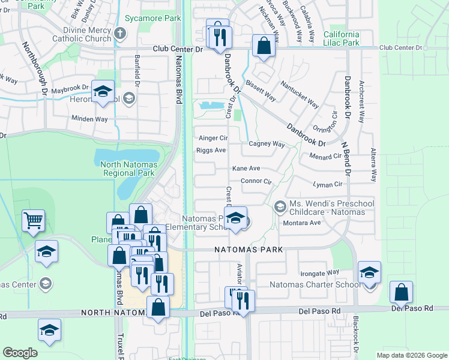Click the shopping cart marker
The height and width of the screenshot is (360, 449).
point(33,221)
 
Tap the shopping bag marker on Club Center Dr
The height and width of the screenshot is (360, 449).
point(263,46)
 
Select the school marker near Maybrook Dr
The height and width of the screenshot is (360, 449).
point(103,92)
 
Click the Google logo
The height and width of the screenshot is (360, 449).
point(20,353)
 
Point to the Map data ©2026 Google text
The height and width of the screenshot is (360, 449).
point(411,355)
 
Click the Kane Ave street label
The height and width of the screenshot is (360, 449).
point(246,169)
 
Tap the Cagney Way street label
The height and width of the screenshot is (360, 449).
point(267,144)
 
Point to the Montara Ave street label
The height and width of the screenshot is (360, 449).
point(306,223)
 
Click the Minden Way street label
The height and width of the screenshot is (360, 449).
point(89,119)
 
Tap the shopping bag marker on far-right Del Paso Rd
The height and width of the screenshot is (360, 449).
point(400,293)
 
